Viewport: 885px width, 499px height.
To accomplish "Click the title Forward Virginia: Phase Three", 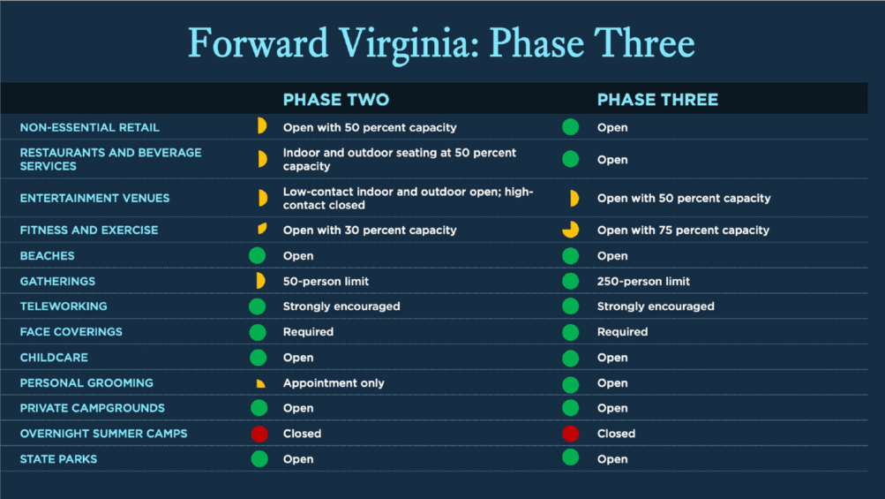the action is [441, 44].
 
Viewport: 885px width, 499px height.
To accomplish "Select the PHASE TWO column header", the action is [336, 100].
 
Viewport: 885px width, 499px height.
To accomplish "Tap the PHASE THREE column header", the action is [657, 100].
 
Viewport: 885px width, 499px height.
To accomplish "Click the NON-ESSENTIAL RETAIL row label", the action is [90, 128].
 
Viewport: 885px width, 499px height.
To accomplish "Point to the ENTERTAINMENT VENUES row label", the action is [94, 199].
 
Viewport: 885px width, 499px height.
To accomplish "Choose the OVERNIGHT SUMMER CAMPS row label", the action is [104, 434].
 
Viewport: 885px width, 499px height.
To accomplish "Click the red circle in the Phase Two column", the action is [259, 434].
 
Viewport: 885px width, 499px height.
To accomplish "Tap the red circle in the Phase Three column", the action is [571, 434].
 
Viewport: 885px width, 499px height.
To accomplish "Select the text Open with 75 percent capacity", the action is [683, 230].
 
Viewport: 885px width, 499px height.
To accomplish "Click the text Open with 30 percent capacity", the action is [370, 230].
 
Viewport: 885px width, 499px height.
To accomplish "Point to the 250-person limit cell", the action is [643, 282].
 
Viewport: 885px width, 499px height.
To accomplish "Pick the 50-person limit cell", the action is [326, 282].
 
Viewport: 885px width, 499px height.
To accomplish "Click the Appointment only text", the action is [334, 383].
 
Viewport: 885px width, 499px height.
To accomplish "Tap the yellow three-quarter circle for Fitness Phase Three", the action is [571, 230].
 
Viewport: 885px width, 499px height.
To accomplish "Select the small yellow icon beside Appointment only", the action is [261, 383].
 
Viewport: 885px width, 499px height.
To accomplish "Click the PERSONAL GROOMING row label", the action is [86, 383].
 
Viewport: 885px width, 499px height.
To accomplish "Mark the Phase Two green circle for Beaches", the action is [258, 255].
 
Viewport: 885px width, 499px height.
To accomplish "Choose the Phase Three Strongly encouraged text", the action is [656, 306].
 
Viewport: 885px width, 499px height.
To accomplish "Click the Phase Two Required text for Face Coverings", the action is [308, 332].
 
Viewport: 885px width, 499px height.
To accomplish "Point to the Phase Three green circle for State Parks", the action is [571, 457].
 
